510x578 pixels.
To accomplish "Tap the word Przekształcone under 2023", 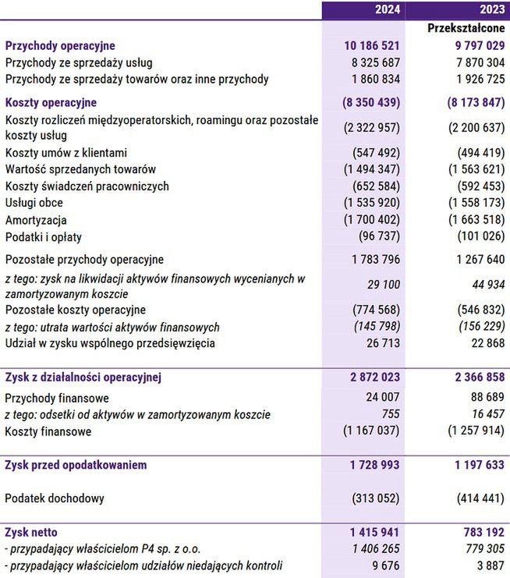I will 466,28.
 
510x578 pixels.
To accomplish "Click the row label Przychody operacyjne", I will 60,46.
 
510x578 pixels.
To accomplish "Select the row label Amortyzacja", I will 36,220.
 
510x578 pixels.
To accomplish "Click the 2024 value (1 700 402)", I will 372,220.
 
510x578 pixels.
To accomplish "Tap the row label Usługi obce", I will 37,203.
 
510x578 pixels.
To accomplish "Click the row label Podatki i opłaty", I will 44,237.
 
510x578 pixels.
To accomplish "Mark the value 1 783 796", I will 376,260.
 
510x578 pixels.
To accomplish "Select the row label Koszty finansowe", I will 48,431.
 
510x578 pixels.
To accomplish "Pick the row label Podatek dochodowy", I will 55,498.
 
